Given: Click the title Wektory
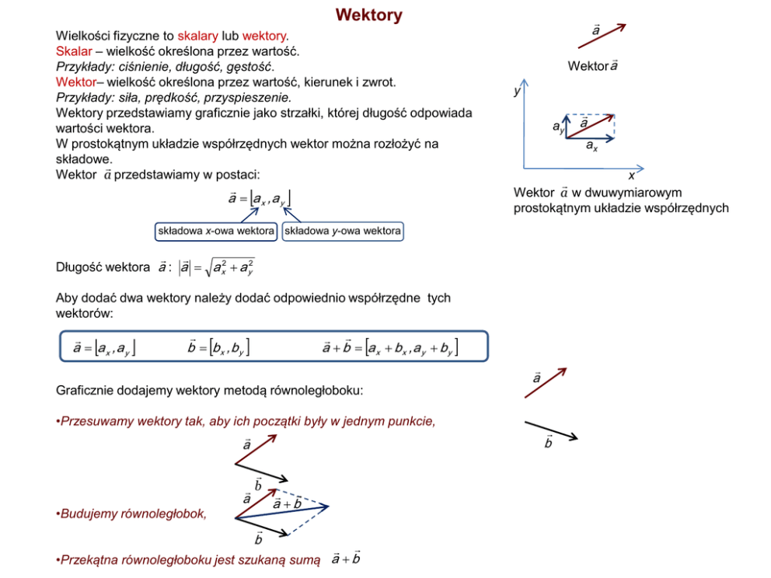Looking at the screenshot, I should (368, 16).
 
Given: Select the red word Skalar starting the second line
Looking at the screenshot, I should (74, 51).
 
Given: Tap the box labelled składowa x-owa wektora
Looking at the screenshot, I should (216, 232).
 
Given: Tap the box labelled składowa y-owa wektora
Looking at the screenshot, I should (343, 232).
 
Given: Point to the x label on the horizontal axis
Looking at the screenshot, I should (631, 176).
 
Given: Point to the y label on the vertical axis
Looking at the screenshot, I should (516, 91).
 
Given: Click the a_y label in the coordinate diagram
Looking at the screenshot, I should (558, 126).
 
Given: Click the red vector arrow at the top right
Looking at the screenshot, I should (602, 37).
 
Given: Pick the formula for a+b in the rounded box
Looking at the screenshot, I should (390, 347).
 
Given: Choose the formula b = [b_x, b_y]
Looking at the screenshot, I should (218, 347).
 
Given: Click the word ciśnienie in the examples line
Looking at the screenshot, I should (140, 67).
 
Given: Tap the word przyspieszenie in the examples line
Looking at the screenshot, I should (253, 97).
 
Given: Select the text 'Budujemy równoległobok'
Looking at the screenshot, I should (133, 514).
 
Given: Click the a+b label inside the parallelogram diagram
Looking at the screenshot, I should (287, 503).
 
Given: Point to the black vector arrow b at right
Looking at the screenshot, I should (551, 430).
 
